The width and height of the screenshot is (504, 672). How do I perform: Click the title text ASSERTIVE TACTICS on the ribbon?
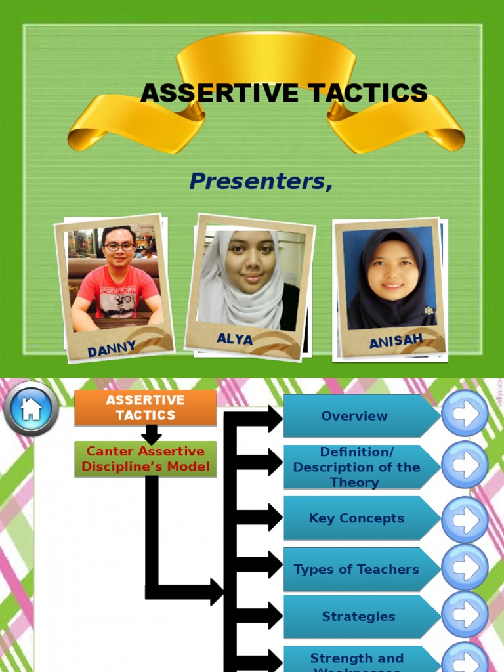(x=283, y=93)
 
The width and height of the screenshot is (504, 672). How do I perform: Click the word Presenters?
(x=261, y=181)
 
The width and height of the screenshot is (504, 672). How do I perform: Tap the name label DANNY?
(x=112, y=348)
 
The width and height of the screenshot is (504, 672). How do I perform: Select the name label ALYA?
(x=234, y=339)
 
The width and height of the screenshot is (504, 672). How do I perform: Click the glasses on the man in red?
(x=119, y=247)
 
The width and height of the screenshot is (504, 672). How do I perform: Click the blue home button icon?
(x=31, y=409)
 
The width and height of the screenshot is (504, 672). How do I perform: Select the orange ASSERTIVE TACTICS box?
(x=145, y=408)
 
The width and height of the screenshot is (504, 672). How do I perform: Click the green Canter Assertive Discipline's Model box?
(x=145, y=459)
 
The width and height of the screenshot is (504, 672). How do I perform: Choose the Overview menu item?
(x=354, y=416)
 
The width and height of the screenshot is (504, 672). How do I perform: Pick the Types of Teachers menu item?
(x=356, y=570)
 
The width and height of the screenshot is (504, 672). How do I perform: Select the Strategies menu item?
(x=358, y=617)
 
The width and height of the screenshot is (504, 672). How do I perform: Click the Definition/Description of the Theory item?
(x=356, y=467)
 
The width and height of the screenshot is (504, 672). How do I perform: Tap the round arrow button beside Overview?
(x=465, y=413)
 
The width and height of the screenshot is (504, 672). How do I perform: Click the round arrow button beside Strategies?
(x=465, y=614)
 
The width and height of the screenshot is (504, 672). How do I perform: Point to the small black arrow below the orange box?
(x=151, y=434)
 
